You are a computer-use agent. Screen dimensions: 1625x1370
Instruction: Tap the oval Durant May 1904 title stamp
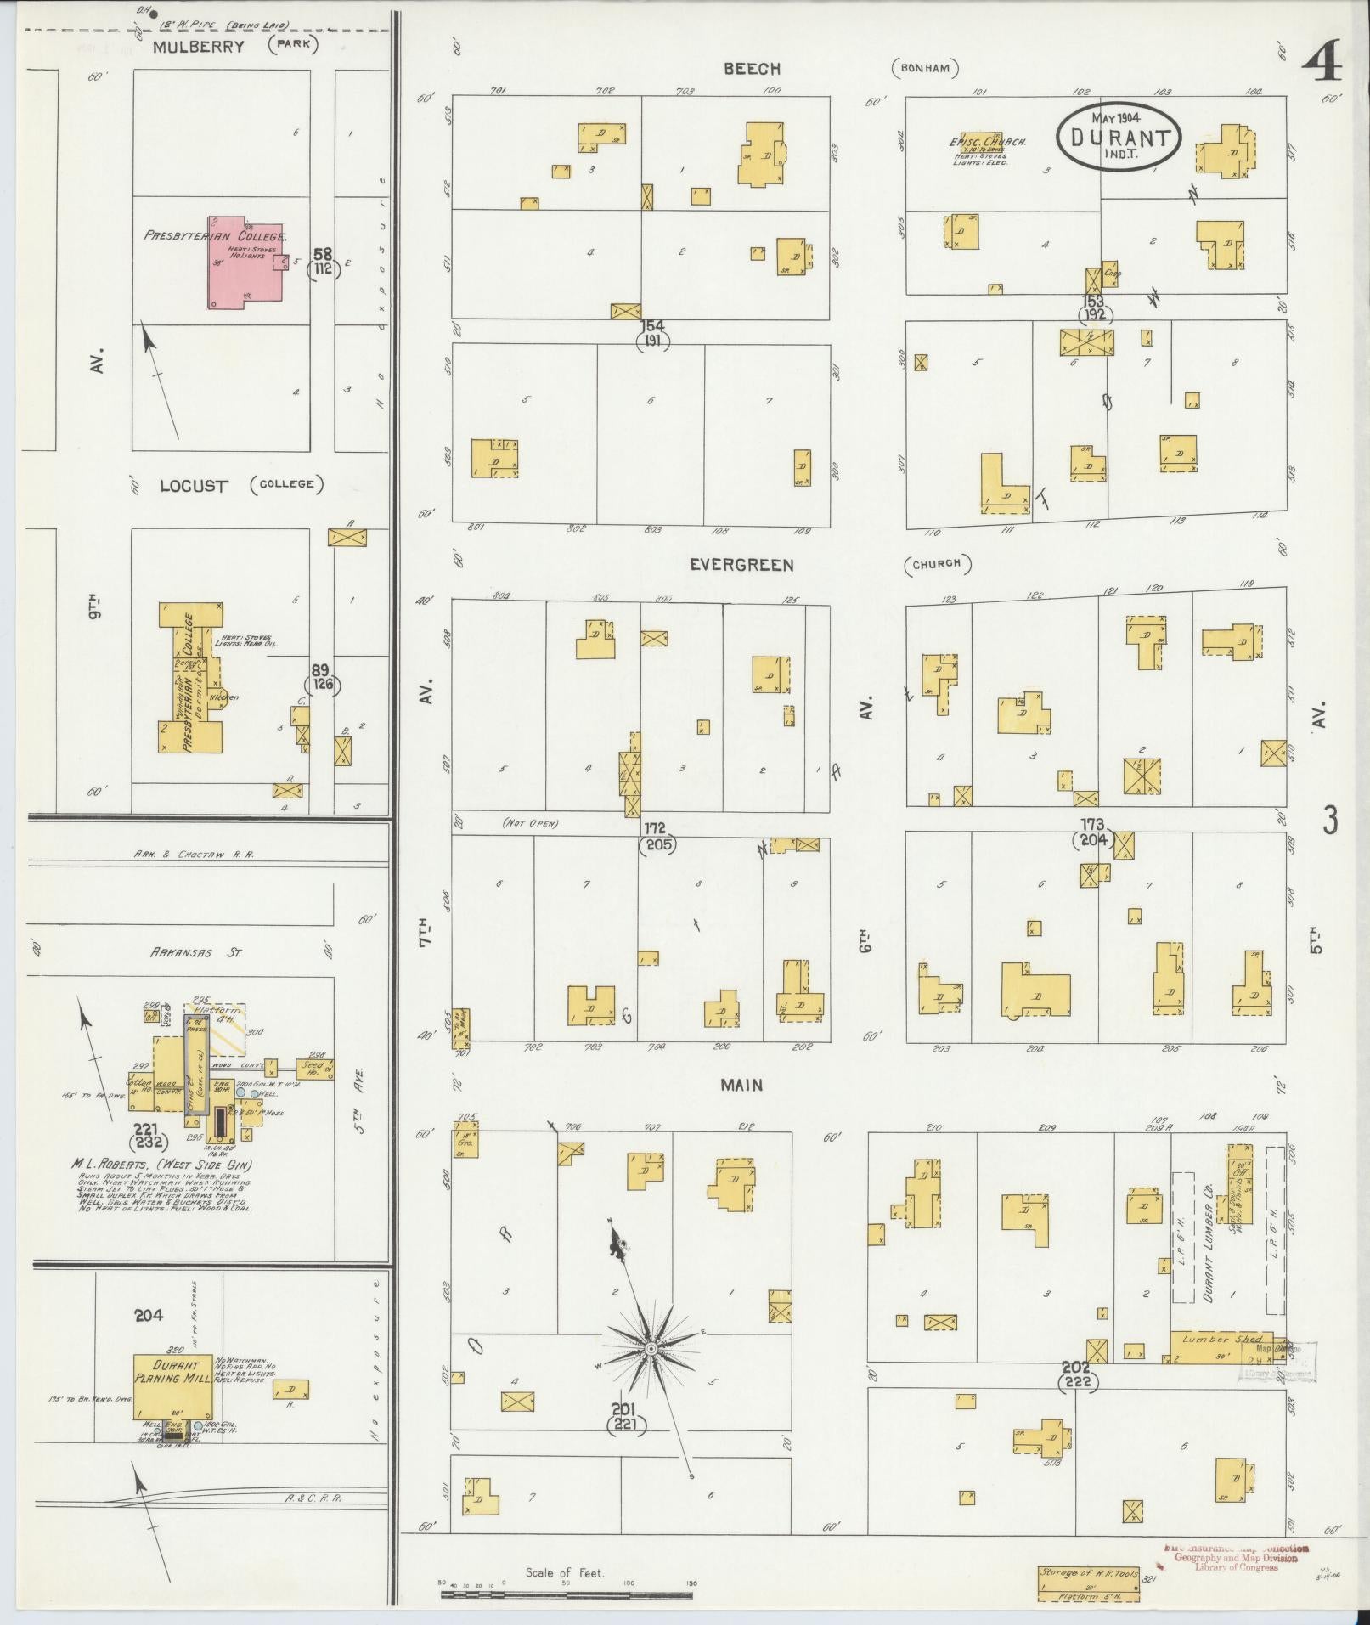click(1119, 138)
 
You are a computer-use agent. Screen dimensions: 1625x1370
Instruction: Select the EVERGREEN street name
click(741, 565)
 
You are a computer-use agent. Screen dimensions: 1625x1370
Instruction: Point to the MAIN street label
click(741, 1085)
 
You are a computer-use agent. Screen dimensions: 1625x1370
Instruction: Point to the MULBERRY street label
click(198, 48)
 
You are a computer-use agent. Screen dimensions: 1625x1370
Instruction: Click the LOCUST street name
click(195, 487)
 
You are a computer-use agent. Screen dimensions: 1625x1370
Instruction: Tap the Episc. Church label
click(987, 142)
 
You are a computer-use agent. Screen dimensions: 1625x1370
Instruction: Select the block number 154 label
click(651, 326)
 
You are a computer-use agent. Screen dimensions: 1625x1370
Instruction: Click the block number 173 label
click(1092, 824)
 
